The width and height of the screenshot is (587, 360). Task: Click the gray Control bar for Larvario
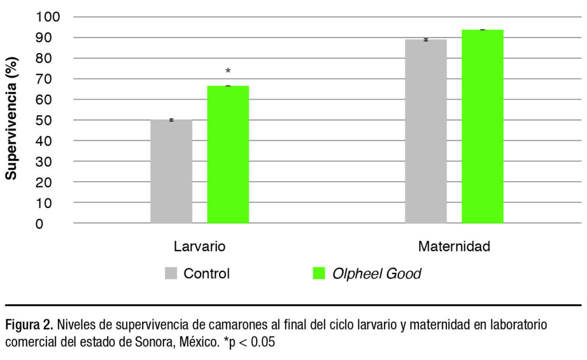coord(171,171)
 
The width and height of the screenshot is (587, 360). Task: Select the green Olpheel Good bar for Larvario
coord(228,155)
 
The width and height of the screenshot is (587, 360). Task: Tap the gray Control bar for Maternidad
coord(425,131)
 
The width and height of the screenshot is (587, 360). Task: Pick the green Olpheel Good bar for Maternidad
coord(482,126)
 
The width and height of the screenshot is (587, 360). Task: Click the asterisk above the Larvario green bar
coord(228,72)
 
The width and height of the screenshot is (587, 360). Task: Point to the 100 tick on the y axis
coord(48,17)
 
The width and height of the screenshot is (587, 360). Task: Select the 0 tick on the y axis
coord(56,224)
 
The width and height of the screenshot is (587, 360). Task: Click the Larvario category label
coord(199,247)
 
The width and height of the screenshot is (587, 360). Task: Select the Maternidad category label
coord(454,247)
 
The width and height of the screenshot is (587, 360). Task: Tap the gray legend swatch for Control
coord(171,273)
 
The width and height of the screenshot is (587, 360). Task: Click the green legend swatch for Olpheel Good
coord(318,273)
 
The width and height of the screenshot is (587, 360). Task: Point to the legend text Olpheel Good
coord(377,274)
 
